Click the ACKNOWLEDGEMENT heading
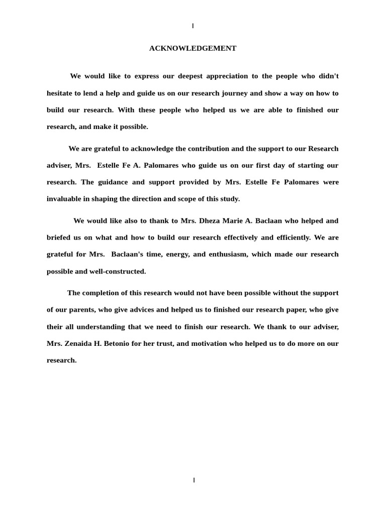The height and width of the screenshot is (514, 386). [x=192, y=49]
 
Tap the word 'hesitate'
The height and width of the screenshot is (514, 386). [x=61, y=93]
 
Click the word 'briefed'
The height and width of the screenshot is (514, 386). [x=59, y=237]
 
